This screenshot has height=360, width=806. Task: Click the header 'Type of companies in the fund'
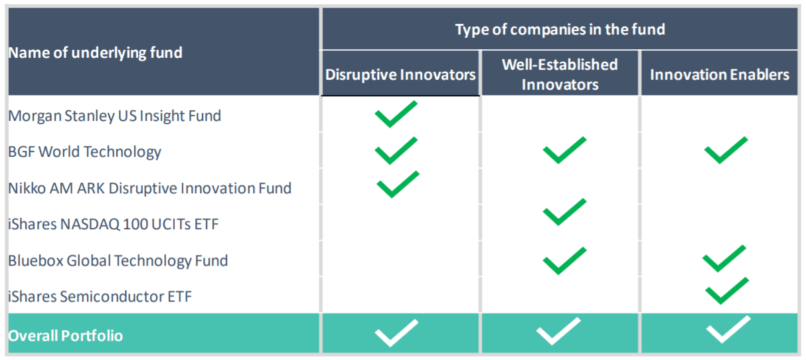[560, 29]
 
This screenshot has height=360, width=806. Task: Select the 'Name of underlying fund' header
[96, 53]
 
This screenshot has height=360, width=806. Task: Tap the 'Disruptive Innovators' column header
[400, 75]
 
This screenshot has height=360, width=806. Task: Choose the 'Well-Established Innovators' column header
[560, 74]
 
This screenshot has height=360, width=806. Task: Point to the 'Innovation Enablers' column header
[720, 75]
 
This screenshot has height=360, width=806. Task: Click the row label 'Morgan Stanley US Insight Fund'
[114, 116]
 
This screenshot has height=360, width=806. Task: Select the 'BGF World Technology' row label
[84, 152]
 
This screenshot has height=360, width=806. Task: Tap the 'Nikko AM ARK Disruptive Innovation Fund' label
[149, 188]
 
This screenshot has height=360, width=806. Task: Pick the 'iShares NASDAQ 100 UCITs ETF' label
[114, 225]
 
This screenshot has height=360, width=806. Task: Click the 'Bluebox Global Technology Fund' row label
[118, 261]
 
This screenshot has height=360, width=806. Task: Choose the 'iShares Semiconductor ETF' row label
[100, 297]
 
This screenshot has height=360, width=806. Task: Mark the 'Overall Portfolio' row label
[66, 336]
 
